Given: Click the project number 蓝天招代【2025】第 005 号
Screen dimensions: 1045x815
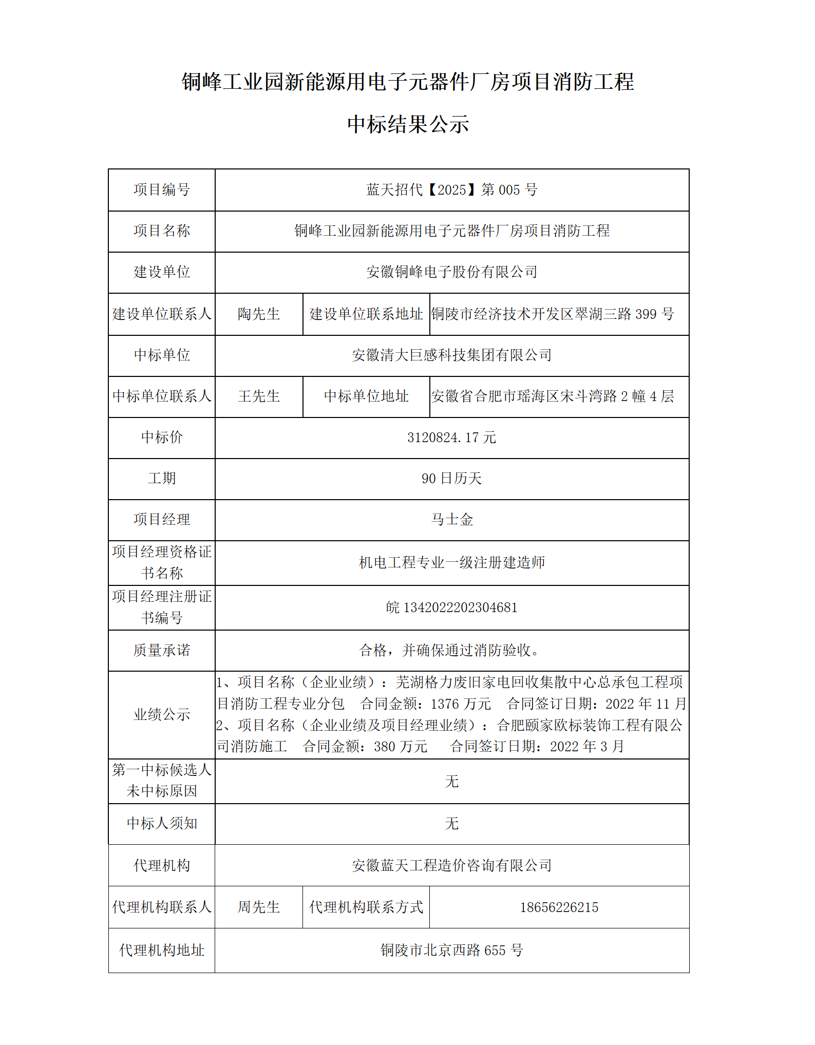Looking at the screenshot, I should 451,190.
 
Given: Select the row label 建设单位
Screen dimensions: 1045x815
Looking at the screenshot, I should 162,272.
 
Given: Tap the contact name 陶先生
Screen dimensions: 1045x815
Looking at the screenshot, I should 259,314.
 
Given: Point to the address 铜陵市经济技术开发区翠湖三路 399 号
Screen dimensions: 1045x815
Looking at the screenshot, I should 552,314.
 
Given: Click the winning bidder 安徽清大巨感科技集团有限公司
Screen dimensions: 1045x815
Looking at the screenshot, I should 451,355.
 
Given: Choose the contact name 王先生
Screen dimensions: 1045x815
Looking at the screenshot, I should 259,396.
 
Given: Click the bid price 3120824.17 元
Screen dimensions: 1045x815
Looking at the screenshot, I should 451,438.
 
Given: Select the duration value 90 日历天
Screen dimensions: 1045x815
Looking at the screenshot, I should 451,479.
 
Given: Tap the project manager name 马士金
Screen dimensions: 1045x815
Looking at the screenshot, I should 451,520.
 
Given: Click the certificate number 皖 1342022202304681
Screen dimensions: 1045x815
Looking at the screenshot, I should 451,608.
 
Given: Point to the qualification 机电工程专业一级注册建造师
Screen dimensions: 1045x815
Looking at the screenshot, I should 451,563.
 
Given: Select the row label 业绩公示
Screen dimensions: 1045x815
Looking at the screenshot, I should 162,714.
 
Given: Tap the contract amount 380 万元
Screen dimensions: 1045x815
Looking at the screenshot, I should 401,747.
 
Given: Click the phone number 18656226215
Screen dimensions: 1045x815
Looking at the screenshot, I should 559,907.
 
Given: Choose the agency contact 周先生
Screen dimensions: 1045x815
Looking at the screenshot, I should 259,907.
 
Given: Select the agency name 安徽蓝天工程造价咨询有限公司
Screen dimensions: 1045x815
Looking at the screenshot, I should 451,866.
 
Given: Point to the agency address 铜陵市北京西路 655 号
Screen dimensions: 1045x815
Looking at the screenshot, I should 451,951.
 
